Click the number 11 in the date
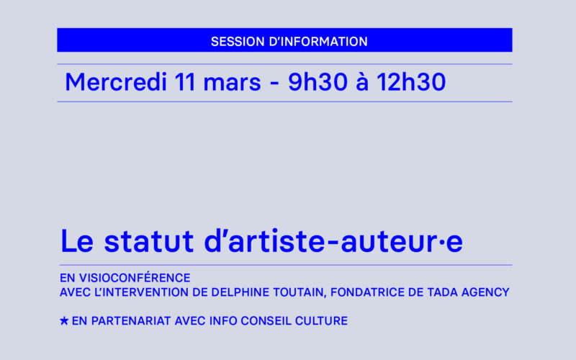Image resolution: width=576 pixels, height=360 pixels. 185,83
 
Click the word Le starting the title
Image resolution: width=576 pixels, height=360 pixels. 76,242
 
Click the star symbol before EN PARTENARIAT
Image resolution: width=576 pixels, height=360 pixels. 64,321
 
